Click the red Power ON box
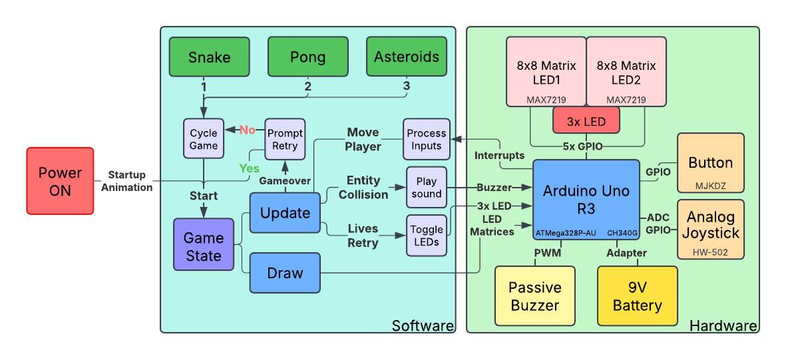(x=60, y=181)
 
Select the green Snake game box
(x=209, y=57)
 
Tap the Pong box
(x=307, y=57)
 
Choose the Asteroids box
(x=406, y=57)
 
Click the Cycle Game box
(x=204, y=139)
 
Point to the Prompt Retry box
(x=285, y=139)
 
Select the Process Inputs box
(x=426, y=139)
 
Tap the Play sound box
(x=426, y=187)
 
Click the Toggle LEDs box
(x=426, y=236)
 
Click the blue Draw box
(x=285, y=273)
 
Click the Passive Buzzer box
(x=535, y=296)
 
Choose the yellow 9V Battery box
(x=637, y=296)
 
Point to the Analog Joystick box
(x=710, y=229)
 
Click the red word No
(x=247, y=130)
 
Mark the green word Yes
(x=249, y=168)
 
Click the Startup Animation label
(x=126, y=181)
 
